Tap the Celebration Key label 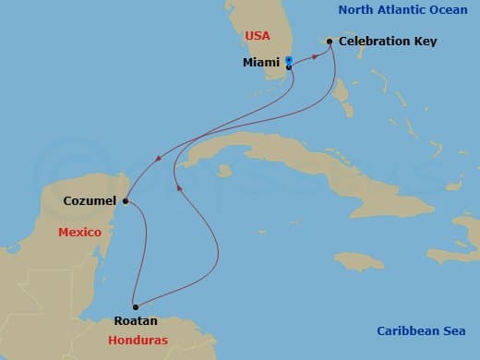[388, 42]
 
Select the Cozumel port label [90, 200]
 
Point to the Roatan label [136, 321]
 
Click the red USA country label [258, 35]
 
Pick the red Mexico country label [79, 233]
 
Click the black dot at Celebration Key [330, 42]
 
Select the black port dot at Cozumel [125, 199]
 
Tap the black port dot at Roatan [135, 306]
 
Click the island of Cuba [268, 157]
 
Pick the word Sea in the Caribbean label [451, 331]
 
